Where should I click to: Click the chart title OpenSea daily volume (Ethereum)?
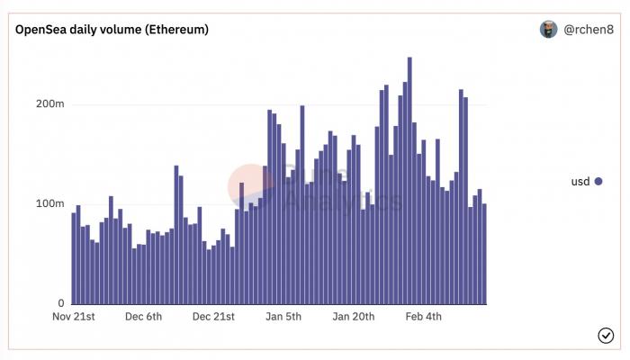click(x=112, y=30)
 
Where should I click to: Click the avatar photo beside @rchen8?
click(x=548, y=30)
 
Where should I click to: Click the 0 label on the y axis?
click(x=60, y=303)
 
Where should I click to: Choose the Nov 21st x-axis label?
click(x=74, y=317)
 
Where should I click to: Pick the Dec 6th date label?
click(x=144, y=317)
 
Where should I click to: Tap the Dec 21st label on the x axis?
click(x=213, y=317)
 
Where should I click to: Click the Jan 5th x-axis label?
click(x=283, y=317)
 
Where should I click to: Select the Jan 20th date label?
click(x=354, y=317)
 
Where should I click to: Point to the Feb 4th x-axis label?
click(x=424, y=317)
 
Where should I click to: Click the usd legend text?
click(x=580, y=182)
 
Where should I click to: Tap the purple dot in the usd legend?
click(x=598, y=182)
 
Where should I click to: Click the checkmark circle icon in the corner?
click(x=606, y=336)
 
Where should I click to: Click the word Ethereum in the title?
click(x=174, y=30)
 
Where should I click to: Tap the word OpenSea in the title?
click(x=39, y=30)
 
